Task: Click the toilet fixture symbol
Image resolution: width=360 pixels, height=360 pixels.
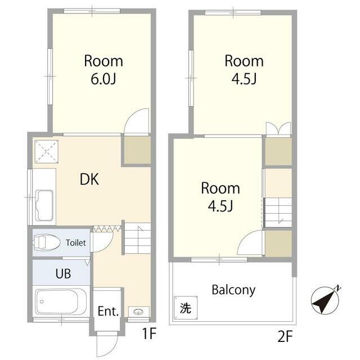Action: [x=46, y=242]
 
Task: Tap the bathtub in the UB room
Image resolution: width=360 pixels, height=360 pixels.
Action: [x=61, y=301]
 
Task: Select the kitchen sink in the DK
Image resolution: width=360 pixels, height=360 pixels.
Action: [x=45, y=205]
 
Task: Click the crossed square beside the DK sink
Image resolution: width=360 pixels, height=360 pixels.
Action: [x=46, y=151]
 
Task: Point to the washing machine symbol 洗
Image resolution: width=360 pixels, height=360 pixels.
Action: [x=186, y=308]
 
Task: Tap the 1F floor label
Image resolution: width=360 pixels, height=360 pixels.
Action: [x=150, y=334]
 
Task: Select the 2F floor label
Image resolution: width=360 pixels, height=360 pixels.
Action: [x=285, y=336]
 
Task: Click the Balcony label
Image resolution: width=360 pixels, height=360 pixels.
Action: [x=233, y=290]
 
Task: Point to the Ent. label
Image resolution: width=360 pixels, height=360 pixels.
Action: [x=109, y=311]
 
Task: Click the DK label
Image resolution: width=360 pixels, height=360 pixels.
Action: [x=89, y=179]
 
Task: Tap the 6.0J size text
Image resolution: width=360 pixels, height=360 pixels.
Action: [x=103, y=79]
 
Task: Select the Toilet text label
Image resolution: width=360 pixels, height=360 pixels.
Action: [x=76, y=242]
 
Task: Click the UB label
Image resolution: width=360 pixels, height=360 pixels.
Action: [x=63, y=273]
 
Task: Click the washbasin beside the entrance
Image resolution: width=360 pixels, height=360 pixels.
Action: [x=138, y=312]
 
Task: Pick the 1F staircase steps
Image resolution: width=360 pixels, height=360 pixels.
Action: [x=137, y=238]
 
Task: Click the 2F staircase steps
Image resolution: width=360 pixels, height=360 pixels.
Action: [x=278, y=213]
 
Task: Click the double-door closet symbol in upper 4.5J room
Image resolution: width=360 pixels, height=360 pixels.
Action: [x=278, y=129]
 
